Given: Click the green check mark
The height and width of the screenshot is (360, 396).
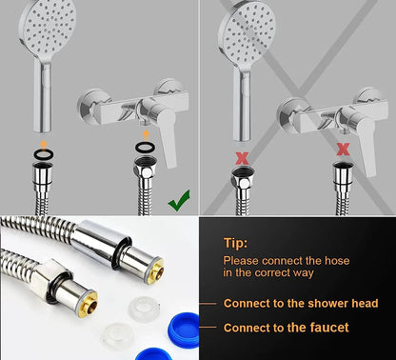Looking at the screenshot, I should pos(178,201).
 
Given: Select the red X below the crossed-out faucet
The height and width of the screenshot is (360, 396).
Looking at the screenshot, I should pos(343,149).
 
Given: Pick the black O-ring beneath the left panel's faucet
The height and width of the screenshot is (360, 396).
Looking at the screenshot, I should pos(144,148).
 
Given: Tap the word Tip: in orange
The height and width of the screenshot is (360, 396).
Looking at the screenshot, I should pos(236,243).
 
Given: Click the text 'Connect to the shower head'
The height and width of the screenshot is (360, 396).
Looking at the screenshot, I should pos(301,304).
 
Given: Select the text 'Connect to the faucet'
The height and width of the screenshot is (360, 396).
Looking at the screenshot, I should pos(286,328).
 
